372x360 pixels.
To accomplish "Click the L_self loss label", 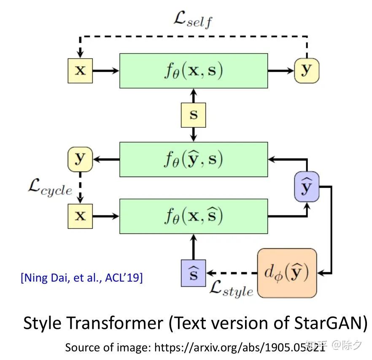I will (194, 19).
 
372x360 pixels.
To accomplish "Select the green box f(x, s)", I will (194, 70).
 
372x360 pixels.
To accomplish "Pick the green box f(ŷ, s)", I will (194, 159).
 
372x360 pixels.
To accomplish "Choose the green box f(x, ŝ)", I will (194, 216).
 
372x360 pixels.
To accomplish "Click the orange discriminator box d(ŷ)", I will (287, 273).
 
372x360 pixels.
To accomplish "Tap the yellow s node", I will (194, 115).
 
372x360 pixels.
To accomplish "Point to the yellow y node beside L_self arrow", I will (307, 70).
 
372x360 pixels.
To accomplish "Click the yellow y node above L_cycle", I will (80, 159).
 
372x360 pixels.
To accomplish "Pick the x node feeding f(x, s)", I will (80, 70).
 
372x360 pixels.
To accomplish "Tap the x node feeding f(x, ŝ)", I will (80, 216).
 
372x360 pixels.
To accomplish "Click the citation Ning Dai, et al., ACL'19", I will (81, 278).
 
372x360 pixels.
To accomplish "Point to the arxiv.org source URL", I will (240, 347).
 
